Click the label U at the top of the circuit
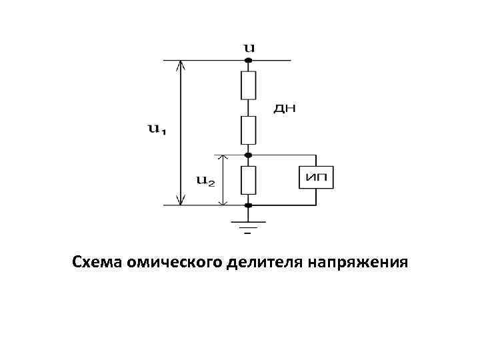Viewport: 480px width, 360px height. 249,48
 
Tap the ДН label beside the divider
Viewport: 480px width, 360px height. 285,109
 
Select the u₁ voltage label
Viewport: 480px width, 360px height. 156,129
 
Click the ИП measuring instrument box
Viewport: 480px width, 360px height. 316,177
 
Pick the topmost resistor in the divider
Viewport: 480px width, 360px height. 249,85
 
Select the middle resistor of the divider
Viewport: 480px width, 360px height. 249,130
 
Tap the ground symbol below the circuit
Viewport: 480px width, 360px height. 249,224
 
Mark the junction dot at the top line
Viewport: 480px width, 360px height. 249,61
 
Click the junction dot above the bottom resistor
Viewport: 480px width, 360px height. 249,155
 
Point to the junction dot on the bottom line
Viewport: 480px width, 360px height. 249,205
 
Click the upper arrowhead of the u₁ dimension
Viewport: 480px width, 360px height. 179,66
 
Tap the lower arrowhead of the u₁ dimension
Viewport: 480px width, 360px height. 179,199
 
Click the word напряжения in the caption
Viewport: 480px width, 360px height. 357,262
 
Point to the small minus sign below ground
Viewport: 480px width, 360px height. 248,235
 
